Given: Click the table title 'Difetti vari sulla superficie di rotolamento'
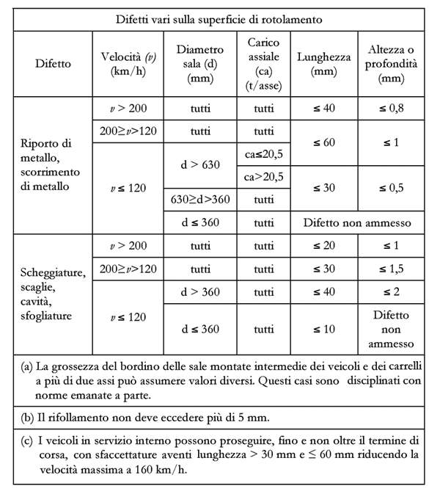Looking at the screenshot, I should [219, 18].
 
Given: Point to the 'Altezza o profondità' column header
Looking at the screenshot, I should [392, 64].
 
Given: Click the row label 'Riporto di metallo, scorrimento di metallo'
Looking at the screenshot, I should [47, 165].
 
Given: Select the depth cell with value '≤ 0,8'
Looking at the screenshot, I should [392, 108].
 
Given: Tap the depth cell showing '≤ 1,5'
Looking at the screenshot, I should [392, 268].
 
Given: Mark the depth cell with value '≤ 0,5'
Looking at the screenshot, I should [392, 188].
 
